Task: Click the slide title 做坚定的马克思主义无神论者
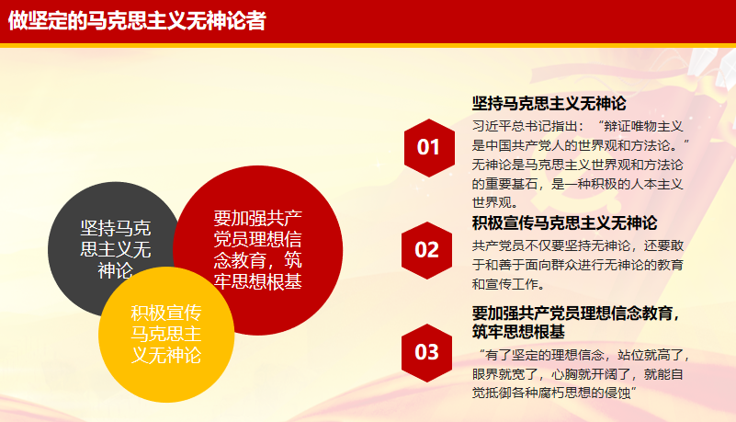tap(137, 20)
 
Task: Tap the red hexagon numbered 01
tap(429, 148)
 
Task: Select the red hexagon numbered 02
tap(426, 250)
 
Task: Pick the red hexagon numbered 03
tap(426, 352)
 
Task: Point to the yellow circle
tap(166, 335)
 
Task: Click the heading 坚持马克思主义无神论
tap(549, 103)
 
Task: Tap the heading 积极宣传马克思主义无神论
tap(565, 223)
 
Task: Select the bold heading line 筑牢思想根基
tap(518, 332)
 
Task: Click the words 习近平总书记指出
tap(522, 126)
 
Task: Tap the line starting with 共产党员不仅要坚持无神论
tap(578, 245)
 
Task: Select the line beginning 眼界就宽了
tap(577, 374)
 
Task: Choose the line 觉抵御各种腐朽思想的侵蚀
tap(554, 393)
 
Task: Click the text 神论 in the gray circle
tap(116, 270)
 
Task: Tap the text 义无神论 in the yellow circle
tap(166, 355)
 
